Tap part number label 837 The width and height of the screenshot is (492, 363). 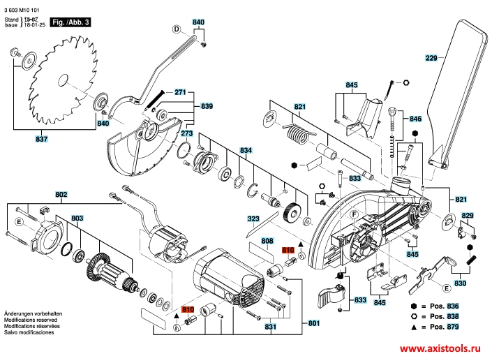[41, 140]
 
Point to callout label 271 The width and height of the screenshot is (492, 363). [180, 93]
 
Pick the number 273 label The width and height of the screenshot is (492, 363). [186, 133]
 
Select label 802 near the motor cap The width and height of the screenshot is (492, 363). [61, 194]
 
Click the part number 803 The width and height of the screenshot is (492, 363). [77, 218]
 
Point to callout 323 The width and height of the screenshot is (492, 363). [253, 219]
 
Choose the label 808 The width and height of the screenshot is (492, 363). [267, 242]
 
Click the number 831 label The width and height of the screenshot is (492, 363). [270, 327]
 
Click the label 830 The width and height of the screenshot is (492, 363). [461, 283]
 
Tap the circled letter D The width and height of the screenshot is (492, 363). [177, 29]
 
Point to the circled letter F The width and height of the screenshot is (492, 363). [355, 214]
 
